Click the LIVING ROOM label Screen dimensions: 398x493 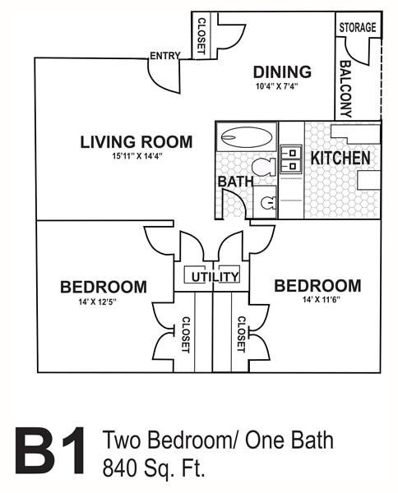[137, 142]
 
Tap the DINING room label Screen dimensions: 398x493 [282, 72]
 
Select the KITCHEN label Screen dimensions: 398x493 [340, 158]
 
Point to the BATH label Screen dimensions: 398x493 [236, 182]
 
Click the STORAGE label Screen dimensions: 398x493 [358, 27]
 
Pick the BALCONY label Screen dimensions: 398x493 [345, 89]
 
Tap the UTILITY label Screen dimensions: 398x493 [215, 277]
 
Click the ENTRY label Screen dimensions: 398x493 [164, 56]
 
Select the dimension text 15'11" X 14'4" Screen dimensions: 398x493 [137, 156]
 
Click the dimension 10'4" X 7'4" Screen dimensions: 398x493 [276, 86]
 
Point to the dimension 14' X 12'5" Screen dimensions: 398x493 [98, 302]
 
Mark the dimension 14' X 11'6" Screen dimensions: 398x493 [322, 300]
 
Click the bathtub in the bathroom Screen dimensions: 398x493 [247, 137]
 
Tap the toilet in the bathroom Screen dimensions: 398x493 [264, 167]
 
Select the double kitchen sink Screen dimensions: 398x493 [291, 159]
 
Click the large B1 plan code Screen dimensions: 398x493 [50, 450]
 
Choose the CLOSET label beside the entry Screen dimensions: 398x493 [201, 35]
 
